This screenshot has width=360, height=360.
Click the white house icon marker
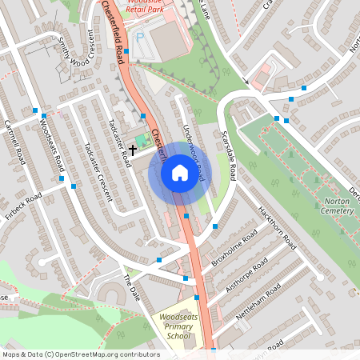[x=180, y=172]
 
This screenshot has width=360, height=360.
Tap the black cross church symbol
[x=133, y=150]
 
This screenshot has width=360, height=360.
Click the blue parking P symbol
[x=140, y=37]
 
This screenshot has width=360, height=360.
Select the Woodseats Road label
[x=50, y=144]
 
